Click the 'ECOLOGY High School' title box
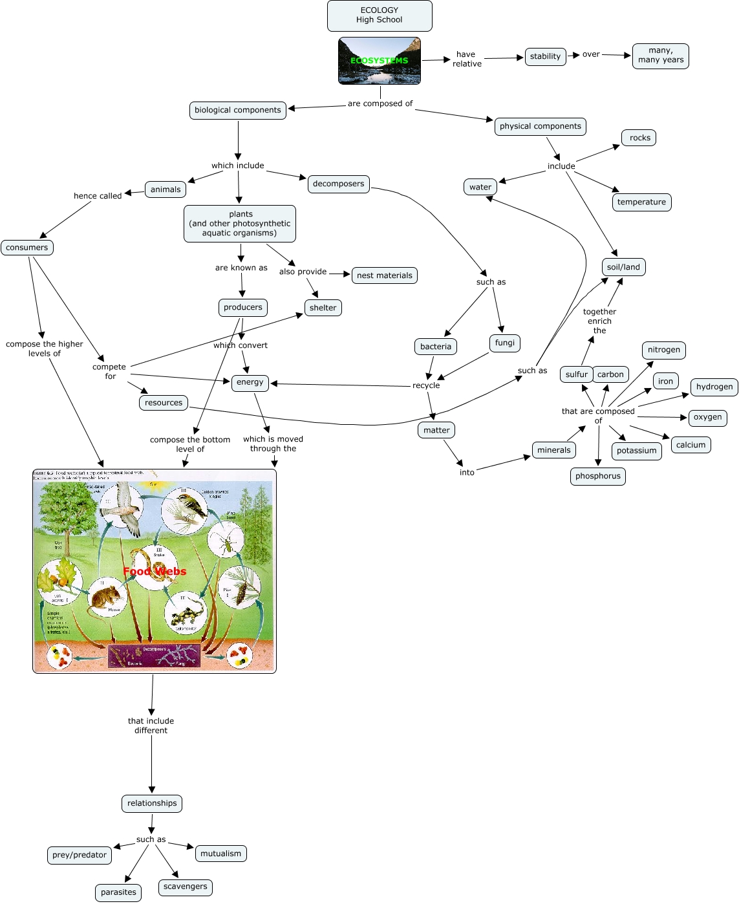tap(380, 16)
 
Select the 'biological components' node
tap(238, 111)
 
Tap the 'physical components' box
tap(541, 127)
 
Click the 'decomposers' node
tap(338, 184)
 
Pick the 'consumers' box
tap(27, 248)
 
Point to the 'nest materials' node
tap(385, 275)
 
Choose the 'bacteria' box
tap(436, 347)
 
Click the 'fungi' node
tap(505, 343)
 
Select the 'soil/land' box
tap(623, 267)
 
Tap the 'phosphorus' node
tap(598, 477)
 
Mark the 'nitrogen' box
tap(664, 350)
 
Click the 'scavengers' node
tap(186, 887)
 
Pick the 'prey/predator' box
tap(80, 855)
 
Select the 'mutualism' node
tap(220, 854)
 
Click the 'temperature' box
tap(641, 202)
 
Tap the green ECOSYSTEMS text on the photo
tap(380, 61)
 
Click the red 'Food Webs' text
tap(155, 572)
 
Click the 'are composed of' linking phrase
tap(380, 103)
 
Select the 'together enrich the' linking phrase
tap(599, 321)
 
